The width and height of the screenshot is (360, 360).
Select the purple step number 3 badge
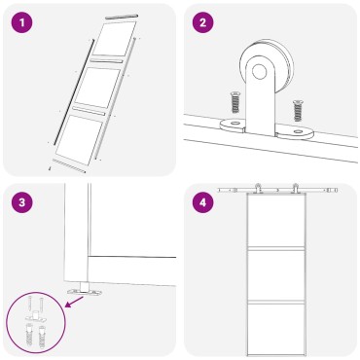(x=21, y=201)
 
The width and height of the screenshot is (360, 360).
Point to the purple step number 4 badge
(x=202, y=201)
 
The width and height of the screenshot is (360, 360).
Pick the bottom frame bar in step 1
(x=67, y=167)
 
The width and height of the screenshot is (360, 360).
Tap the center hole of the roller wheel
(x=261, y=69)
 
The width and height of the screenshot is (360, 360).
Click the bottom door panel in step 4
(x=275, y=328)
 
